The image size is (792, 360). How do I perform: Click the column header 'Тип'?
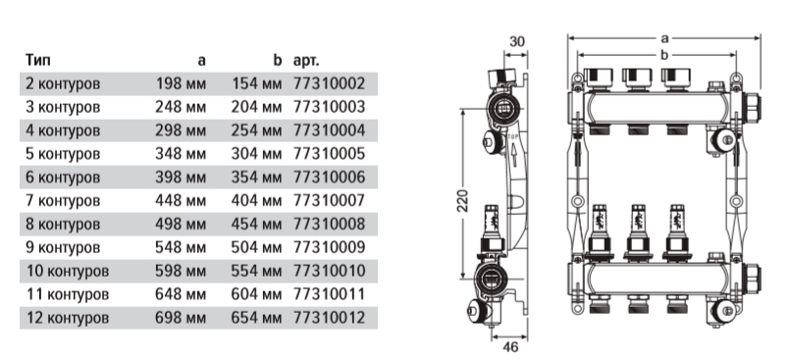pyautogui.click(x=38, y=60)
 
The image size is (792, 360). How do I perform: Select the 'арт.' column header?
pyautogui.click(x=306, y=61)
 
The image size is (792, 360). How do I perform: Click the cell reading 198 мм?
pyautogui.click(x=181, y=83)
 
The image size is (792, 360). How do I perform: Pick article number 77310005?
pyautogui.click(x=329, y=153)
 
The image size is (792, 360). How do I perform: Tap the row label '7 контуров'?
pyautogui.click(x=63, y=200)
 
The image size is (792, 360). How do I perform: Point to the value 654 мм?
pyautogui.click(x=256, y=318)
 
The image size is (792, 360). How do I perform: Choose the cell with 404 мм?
pyautogui.click(x=256, y=200)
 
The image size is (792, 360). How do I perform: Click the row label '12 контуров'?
pyautogui.click(x=67, y=318)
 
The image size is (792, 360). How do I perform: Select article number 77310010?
pyautogui.click(x=329, y=271)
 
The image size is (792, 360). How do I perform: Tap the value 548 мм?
pyautogui.click(x=181, y=247)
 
